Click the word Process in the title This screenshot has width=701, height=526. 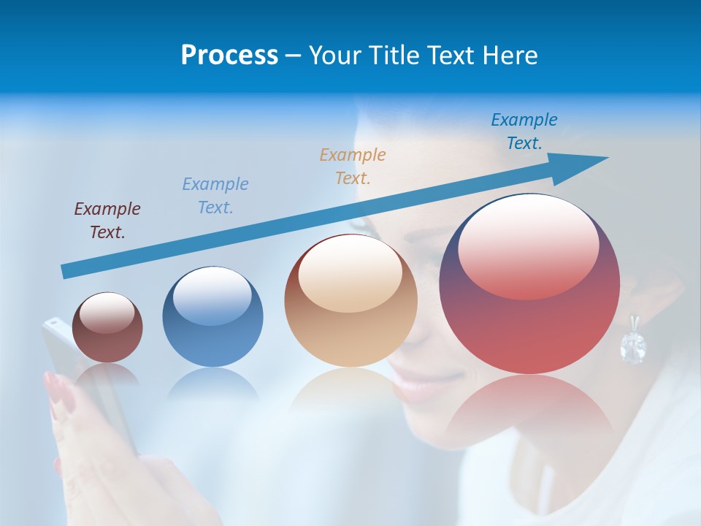229,56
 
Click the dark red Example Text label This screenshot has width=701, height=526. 107,220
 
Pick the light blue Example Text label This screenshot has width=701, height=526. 215,195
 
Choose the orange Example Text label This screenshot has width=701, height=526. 353,166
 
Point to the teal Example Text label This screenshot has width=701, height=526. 524,131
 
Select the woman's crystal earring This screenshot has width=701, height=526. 632,343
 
